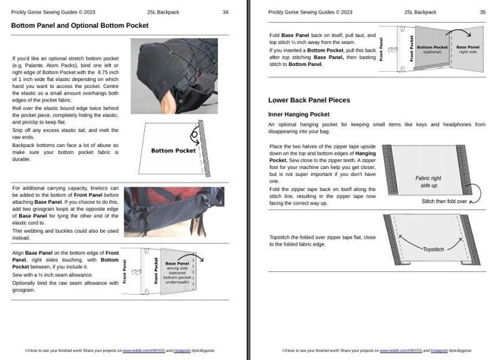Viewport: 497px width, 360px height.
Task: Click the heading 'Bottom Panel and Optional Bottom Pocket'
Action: pos(80,26)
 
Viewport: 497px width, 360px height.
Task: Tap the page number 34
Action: pos(225,12)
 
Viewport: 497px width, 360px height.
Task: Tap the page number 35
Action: pos(482,12)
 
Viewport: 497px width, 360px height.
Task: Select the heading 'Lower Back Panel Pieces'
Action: pos(308,100)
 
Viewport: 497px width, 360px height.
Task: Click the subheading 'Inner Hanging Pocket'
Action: pos(298,114)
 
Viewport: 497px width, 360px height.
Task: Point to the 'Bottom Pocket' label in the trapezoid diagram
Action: pos(173,151)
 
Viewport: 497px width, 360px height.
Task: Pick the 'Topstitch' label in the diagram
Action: pos(434,250)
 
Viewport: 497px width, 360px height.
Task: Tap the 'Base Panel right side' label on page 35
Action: pos(468,50)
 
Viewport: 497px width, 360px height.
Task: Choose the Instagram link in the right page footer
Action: pos(440,351)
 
